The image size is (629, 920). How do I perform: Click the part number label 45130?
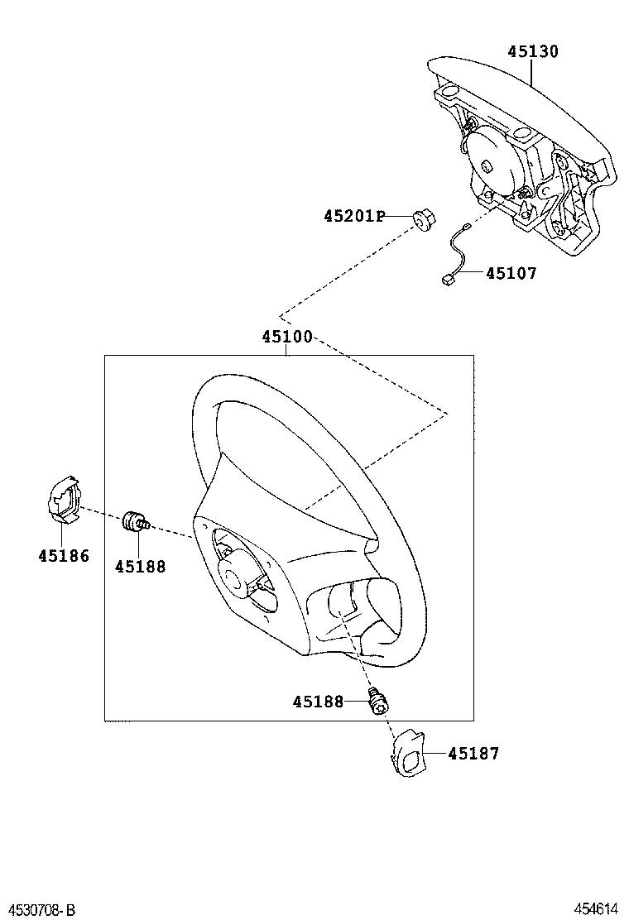532,51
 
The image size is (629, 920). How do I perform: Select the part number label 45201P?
354,217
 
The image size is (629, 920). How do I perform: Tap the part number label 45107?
511,273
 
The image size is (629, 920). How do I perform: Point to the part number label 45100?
287,338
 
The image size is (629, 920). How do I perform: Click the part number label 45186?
63,556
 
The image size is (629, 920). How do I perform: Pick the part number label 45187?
473,754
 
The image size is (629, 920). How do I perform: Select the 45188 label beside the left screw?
140,567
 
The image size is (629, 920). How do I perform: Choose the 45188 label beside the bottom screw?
318,702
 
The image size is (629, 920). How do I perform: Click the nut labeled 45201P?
423,221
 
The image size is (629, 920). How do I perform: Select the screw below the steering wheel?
379,702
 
